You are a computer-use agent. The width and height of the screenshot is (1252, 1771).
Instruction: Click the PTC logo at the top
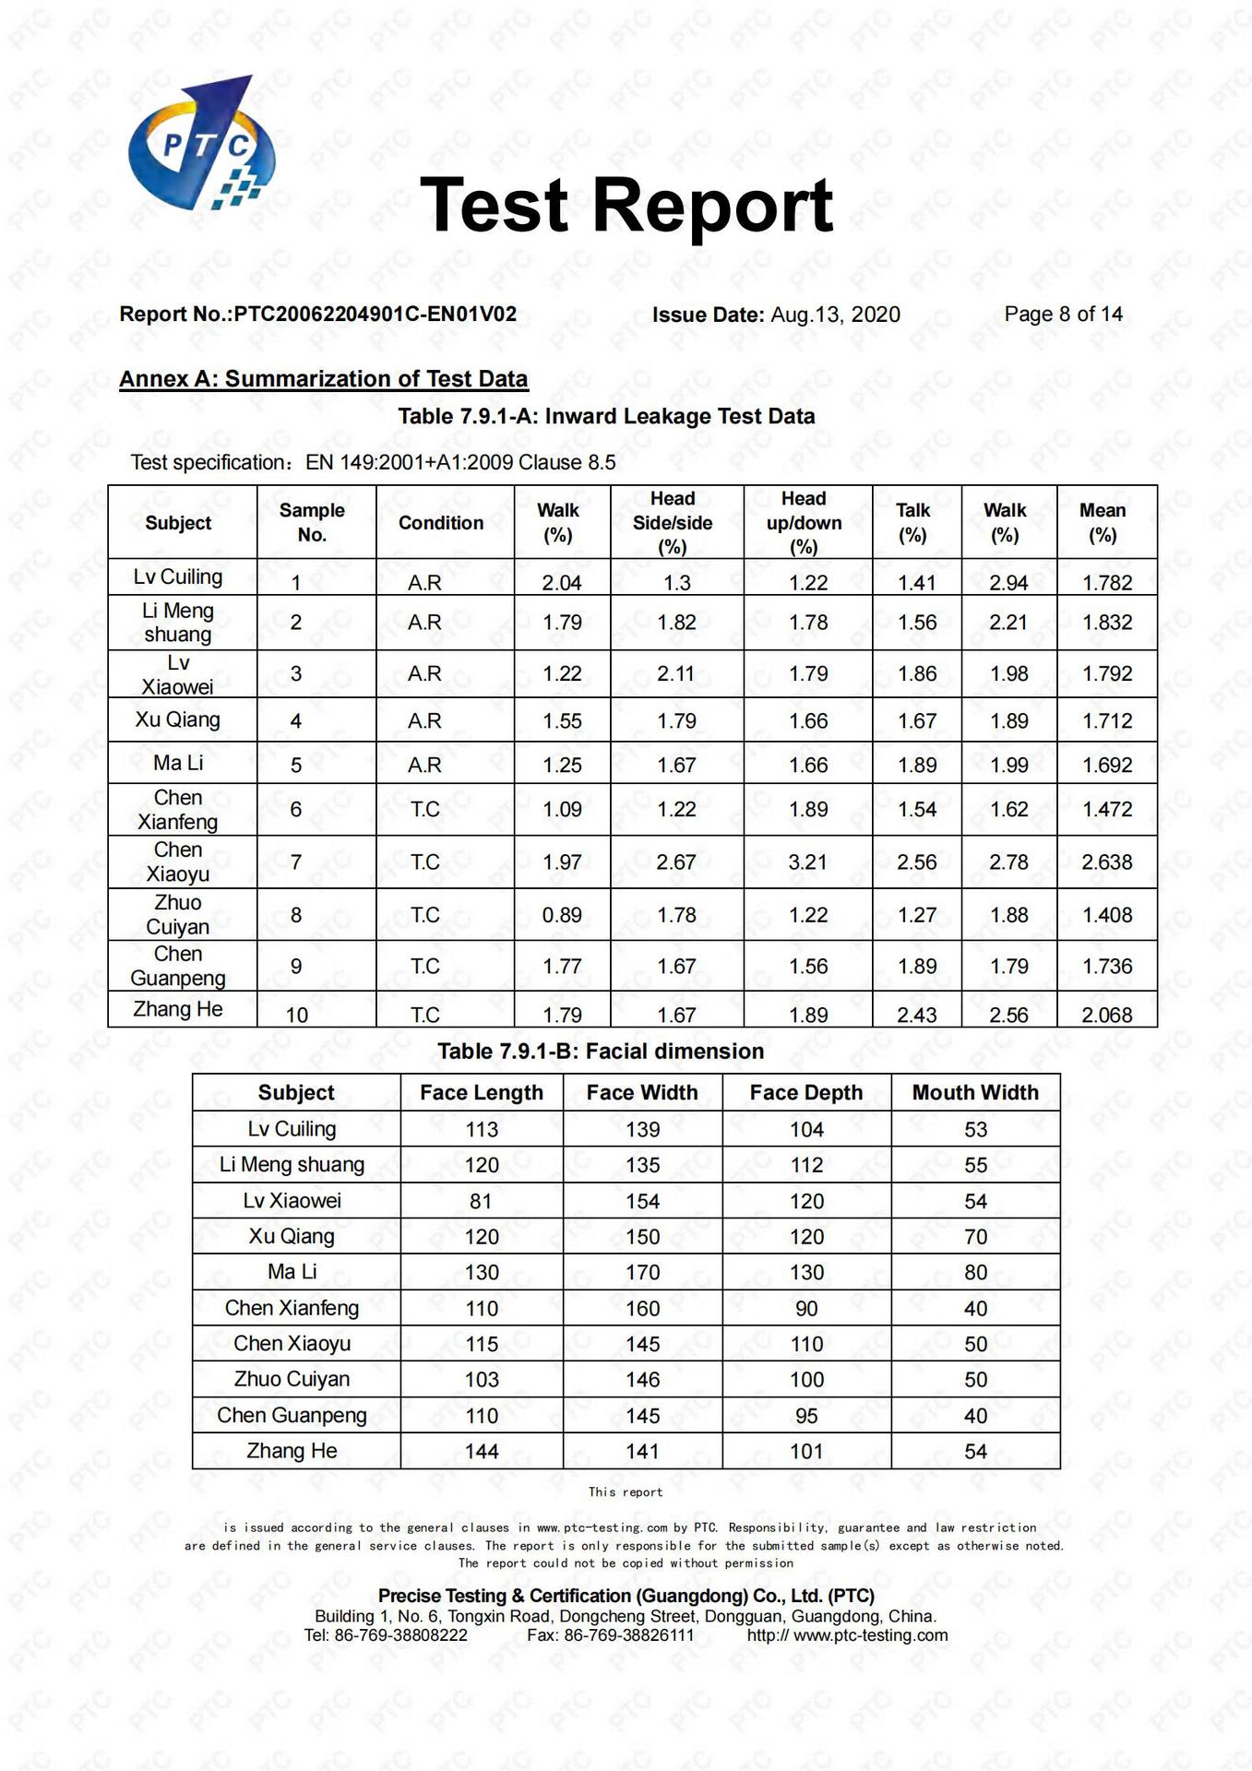202,144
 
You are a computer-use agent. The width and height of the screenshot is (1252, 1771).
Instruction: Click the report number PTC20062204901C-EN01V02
375,315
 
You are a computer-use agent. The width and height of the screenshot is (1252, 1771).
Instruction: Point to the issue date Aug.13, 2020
835,315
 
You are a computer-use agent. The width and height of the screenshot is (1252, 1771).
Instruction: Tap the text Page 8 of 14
1063,315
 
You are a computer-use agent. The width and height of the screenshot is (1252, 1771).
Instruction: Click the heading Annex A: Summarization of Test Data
323,379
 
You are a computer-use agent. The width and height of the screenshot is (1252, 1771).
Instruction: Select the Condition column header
440,523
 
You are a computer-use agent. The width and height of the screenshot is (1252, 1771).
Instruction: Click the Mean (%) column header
1103,522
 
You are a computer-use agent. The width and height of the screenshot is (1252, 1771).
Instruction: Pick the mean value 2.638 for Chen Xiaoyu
1106,862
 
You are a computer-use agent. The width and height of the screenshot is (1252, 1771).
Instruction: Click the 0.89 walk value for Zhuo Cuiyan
562,915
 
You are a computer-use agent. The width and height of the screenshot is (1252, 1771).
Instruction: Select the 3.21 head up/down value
807,862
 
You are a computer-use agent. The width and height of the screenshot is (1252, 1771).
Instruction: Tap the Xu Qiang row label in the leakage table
177,719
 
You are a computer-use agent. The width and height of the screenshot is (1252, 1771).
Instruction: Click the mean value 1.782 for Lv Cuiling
1106,583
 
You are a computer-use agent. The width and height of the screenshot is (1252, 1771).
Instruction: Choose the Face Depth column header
805,1093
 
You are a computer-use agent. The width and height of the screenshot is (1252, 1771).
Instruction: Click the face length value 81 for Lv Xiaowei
481,1201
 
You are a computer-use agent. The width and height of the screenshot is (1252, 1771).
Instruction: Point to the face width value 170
642,1273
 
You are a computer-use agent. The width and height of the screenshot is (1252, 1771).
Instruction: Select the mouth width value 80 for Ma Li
975,1273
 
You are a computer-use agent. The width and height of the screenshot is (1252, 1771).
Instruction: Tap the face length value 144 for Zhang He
481,1452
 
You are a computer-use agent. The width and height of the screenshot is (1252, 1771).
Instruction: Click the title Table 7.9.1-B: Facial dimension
601,1052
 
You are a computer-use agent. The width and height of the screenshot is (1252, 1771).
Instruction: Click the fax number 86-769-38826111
628,1635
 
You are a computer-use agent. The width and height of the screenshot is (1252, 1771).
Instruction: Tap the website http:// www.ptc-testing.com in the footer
847,1635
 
